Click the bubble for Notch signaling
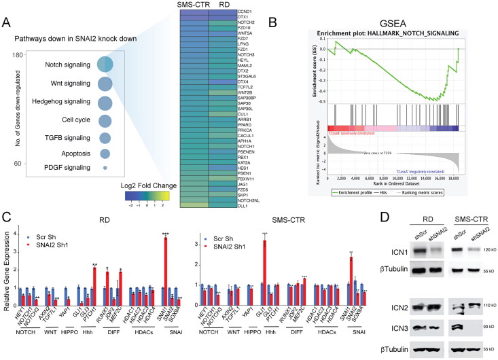[105, 65]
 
